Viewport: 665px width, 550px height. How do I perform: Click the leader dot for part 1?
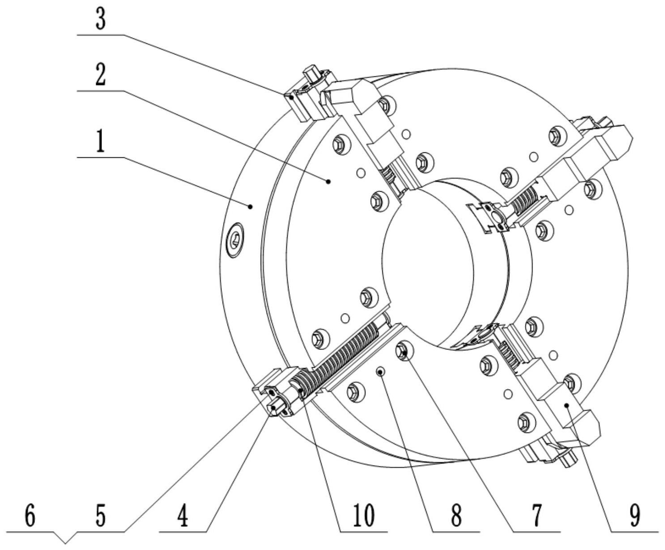point(251,206)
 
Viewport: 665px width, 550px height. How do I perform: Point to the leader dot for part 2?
point(329,181)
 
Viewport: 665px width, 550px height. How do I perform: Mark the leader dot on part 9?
point(567,405)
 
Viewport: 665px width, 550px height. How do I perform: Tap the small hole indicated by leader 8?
point(381,371)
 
